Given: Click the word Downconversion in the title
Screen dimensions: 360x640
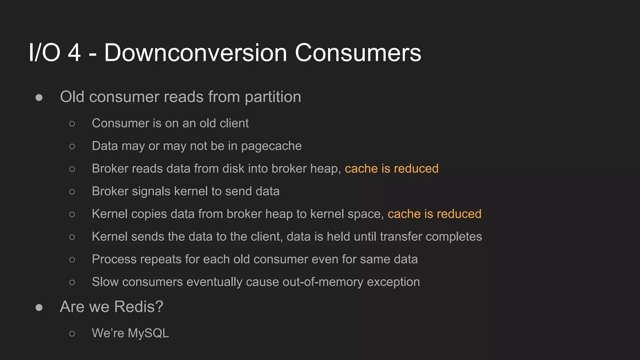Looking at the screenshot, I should (x=195, y=52).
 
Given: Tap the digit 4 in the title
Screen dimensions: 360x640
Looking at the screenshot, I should (x=74, y=52).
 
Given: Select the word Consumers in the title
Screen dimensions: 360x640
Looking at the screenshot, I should (x=358, y=52).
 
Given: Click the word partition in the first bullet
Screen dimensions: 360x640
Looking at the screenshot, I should (x=273, y=97).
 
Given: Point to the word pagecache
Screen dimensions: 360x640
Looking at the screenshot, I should (x=271, y=146).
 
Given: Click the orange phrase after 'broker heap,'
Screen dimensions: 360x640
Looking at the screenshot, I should (x=392, y=168).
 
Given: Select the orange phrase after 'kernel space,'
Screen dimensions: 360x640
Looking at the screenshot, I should (x=434, y=214).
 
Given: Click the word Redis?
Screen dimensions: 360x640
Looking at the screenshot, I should (x=139, y=307).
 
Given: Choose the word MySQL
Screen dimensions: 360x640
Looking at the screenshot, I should (x=148, y=333).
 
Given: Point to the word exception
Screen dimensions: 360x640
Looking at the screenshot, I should (x=393, y=282).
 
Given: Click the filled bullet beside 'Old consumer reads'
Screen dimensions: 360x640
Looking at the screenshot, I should (x=39, y=97).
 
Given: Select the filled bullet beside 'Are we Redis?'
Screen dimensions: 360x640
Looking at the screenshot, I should (x=39, y=307).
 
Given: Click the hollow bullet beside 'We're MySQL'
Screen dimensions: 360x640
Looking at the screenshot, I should (x=72, y=334).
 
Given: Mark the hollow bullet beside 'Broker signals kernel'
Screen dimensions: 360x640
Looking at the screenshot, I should (x=72, y=192).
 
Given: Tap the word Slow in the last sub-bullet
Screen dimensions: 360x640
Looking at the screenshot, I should (x=105, y=282).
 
